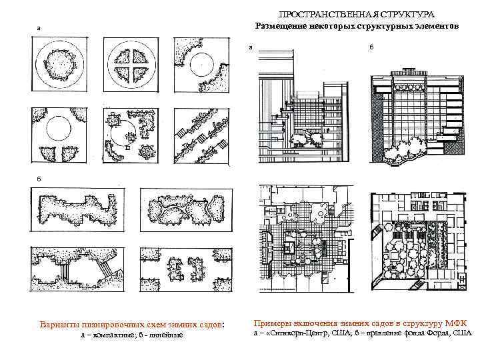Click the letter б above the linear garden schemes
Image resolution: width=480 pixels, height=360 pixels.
[39, 179]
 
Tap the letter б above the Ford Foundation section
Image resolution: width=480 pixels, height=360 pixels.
[371, 47]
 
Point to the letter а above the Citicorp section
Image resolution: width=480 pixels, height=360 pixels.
[250, 47]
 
